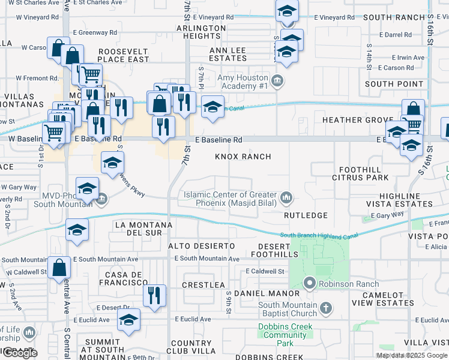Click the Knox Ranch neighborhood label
tap(244, 157)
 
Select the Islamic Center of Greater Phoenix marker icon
tap(286, 197)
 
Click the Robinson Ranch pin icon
tap(310, 283)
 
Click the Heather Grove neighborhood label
tap(357, 120)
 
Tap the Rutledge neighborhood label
tap(306, 215)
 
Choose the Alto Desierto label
tap(201, 246)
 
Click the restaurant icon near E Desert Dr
tap(154, 295)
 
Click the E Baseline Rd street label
tap(218, 140)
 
